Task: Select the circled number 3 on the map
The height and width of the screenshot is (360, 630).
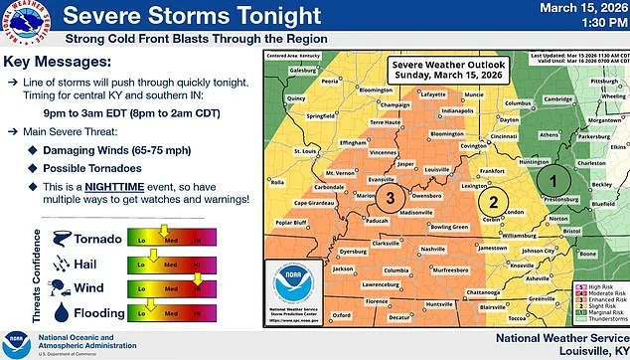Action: point(392,198)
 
